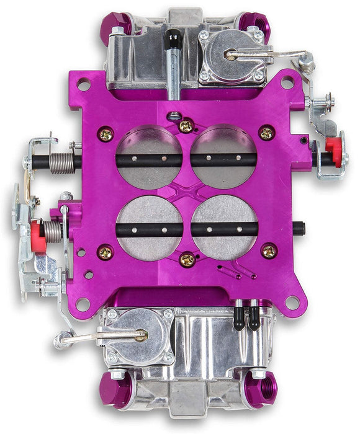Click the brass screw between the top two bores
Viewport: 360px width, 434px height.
[186, 126]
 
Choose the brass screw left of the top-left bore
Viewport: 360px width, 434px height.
[106, 132]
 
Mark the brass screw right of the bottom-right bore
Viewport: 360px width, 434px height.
[269, 251]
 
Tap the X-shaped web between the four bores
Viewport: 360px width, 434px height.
[187, 192]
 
